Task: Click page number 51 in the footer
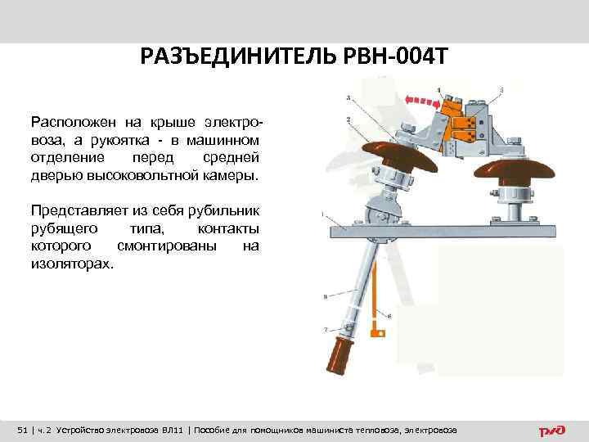coord(23,430)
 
